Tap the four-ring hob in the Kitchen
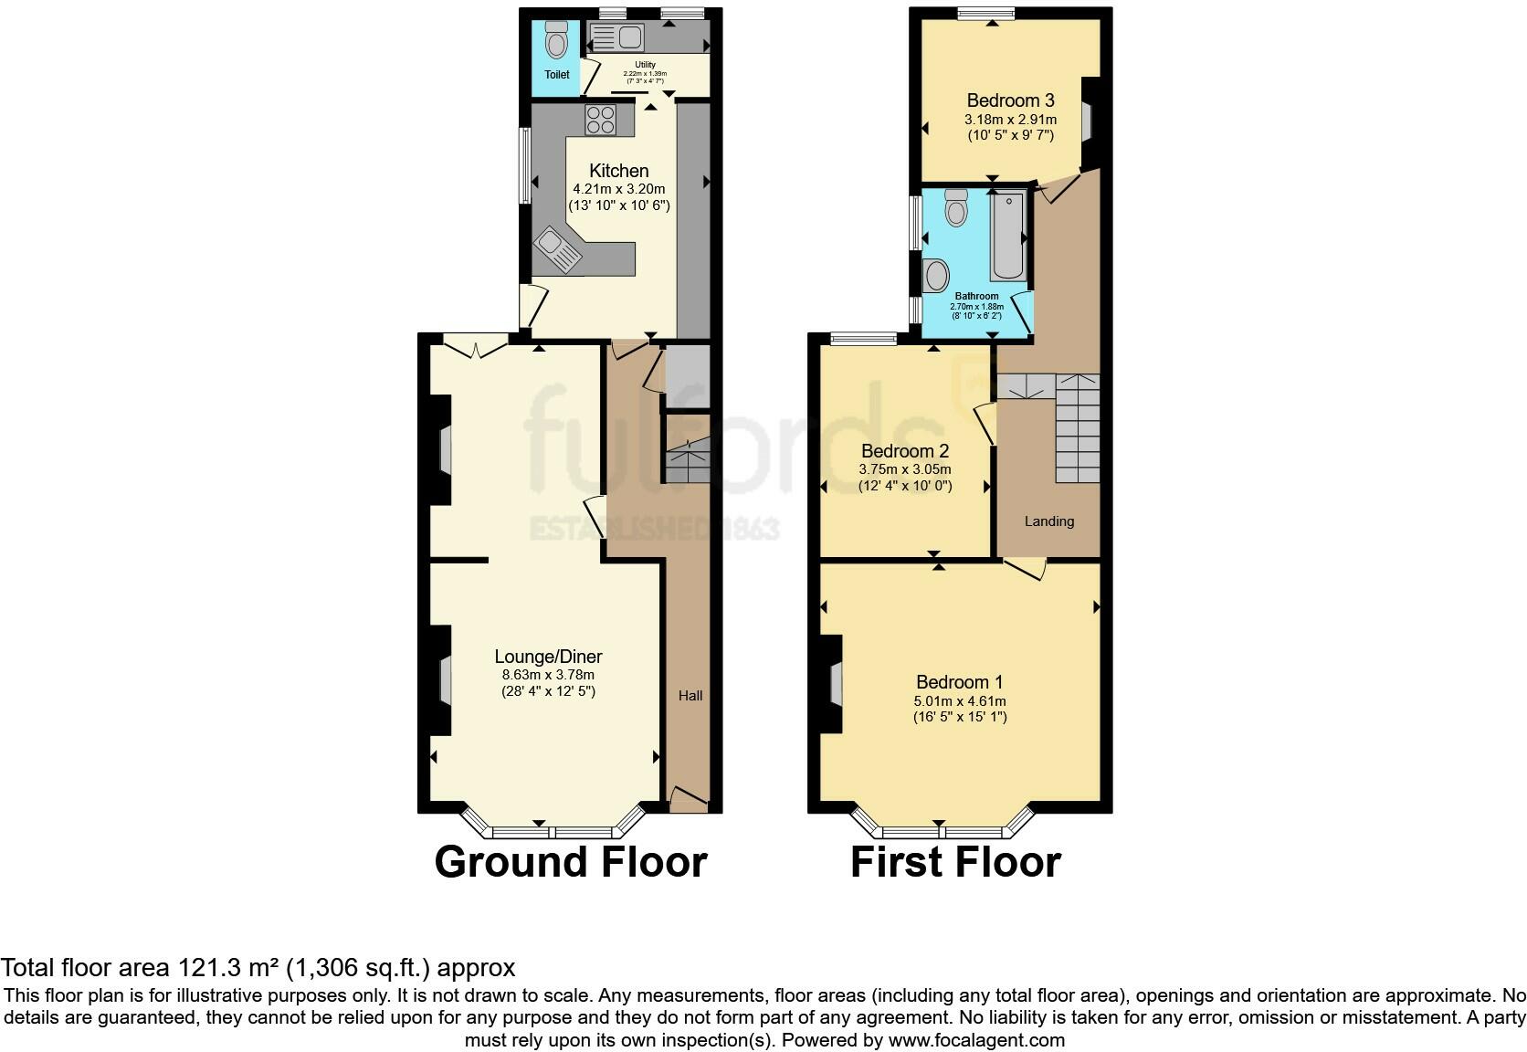click(x=601, y=120)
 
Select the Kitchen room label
click(x=619, y=171)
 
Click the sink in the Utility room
click(x=617, y=37)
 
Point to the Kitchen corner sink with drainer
click(x=558, y=247)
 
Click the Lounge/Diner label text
click(x=548, y=657)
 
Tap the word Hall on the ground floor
click(x=690, y=696)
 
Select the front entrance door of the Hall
click(x=690, y=801)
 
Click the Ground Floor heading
click(x=571, y=862)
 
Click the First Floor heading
click(x=955, y=862)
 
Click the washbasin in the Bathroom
click(x=936, y=275)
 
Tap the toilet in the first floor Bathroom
click(x=956, y=207)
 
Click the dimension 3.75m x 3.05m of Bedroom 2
click(x=904, y=469)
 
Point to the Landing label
click(x=1048, y=521)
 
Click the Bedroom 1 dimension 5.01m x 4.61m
click(x=960, y=700)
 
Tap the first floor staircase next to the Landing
click(x=1078, y=429)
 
